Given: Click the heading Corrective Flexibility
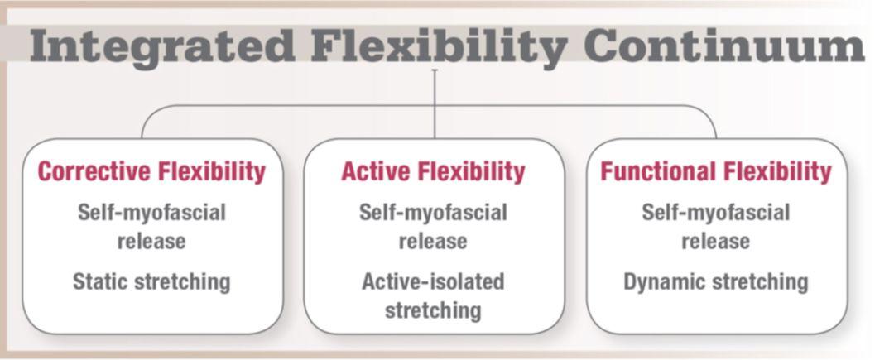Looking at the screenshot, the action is pos(151,171).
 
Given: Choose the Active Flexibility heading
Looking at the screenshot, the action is pos(433,171).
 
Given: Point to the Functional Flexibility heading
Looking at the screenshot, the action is pos(716,171).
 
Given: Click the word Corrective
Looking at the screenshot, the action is pos(94,171).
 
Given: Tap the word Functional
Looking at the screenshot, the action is pos(656,171).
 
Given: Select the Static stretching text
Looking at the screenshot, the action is pos(151,282).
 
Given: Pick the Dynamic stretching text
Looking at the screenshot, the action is pos(716,282).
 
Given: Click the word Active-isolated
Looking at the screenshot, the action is pos(433,282).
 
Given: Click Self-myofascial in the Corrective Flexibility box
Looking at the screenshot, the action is pos(151,213).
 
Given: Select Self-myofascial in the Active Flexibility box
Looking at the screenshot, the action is pos(433,213).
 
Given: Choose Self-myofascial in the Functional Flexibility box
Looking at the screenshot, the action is pos(716,213).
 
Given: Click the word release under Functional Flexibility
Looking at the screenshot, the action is pos(716,242).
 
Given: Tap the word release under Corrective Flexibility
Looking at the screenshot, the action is pos(151,242).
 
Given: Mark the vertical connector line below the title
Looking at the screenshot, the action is pos(435,103).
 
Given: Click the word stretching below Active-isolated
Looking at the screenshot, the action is pos(433,311).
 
